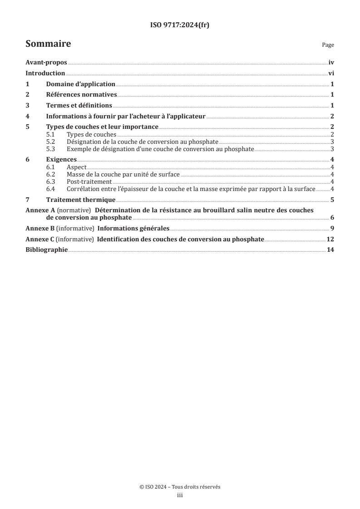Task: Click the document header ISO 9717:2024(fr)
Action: point(180,25)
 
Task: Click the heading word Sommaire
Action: point(48,44)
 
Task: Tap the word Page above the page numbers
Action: point(328,45)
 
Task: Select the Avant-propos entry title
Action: point(46,64)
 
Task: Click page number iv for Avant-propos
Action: point(331,64)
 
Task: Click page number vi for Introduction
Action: point(331,73)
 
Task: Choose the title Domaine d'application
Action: point(81,84)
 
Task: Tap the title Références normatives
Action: point(82,95)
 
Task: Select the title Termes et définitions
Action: point(79,105)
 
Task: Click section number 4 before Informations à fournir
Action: point(27,116)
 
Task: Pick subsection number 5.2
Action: point(51,142)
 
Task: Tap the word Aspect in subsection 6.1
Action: point(76,168)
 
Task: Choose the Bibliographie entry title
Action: point(46,250)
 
